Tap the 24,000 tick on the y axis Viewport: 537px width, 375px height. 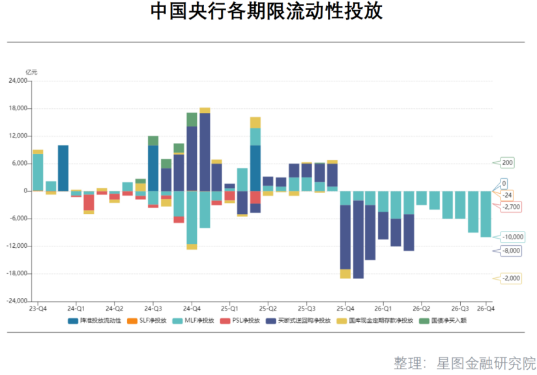[16, 81]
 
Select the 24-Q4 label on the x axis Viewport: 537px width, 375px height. [191, 308]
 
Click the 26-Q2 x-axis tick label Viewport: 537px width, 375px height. [421, 308]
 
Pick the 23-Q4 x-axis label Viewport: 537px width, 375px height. [38, 308]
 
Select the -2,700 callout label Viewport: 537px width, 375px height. [511, 206]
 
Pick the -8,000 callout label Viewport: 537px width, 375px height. [511, 250]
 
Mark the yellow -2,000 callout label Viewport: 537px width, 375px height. [511, 278]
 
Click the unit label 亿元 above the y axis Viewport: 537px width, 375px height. [31, 72]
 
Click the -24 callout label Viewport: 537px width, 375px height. [506, 195]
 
